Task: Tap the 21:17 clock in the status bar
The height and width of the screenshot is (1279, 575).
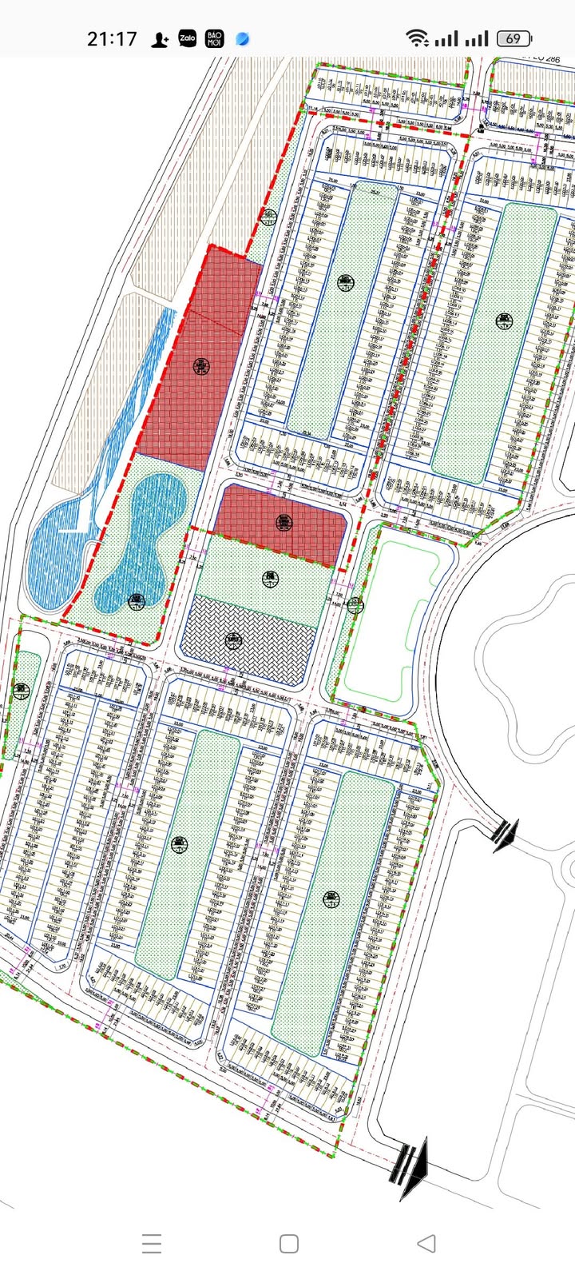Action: coord(112,38)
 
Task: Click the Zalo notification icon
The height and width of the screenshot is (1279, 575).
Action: coord(188,38)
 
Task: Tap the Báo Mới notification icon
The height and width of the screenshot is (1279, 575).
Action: coord(215,38)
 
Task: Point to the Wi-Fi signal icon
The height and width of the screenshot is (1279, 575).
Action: coord(416,38)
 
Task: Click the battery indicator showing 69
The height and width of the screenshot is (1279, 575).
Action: coord(515,38)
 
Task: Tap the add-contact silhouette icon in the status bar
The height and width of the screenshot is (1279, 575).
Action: coord(161,38)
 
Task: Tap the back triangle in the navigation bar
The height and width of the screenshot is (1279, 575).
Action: coord(426,1243)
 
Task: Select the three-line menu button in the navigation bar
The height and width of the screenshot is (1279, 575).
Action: coord(152,1243)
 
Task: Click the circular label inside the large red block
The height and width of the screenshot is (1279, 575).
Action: coord(200,367)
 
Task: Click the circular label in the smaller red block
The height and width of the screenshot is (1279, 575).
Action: coord(284,523)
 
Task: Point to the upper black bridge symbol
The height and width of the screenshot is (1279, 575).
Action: coord(504,835)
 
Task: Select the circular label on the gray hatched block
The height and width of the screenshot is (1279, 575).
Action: coord(233,639)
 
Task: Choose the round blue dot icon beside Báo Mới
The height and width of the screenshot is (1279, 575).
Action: coord(243,38)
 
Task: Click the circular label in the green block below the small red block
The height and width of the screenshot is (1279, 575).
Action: coord(268,576)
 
